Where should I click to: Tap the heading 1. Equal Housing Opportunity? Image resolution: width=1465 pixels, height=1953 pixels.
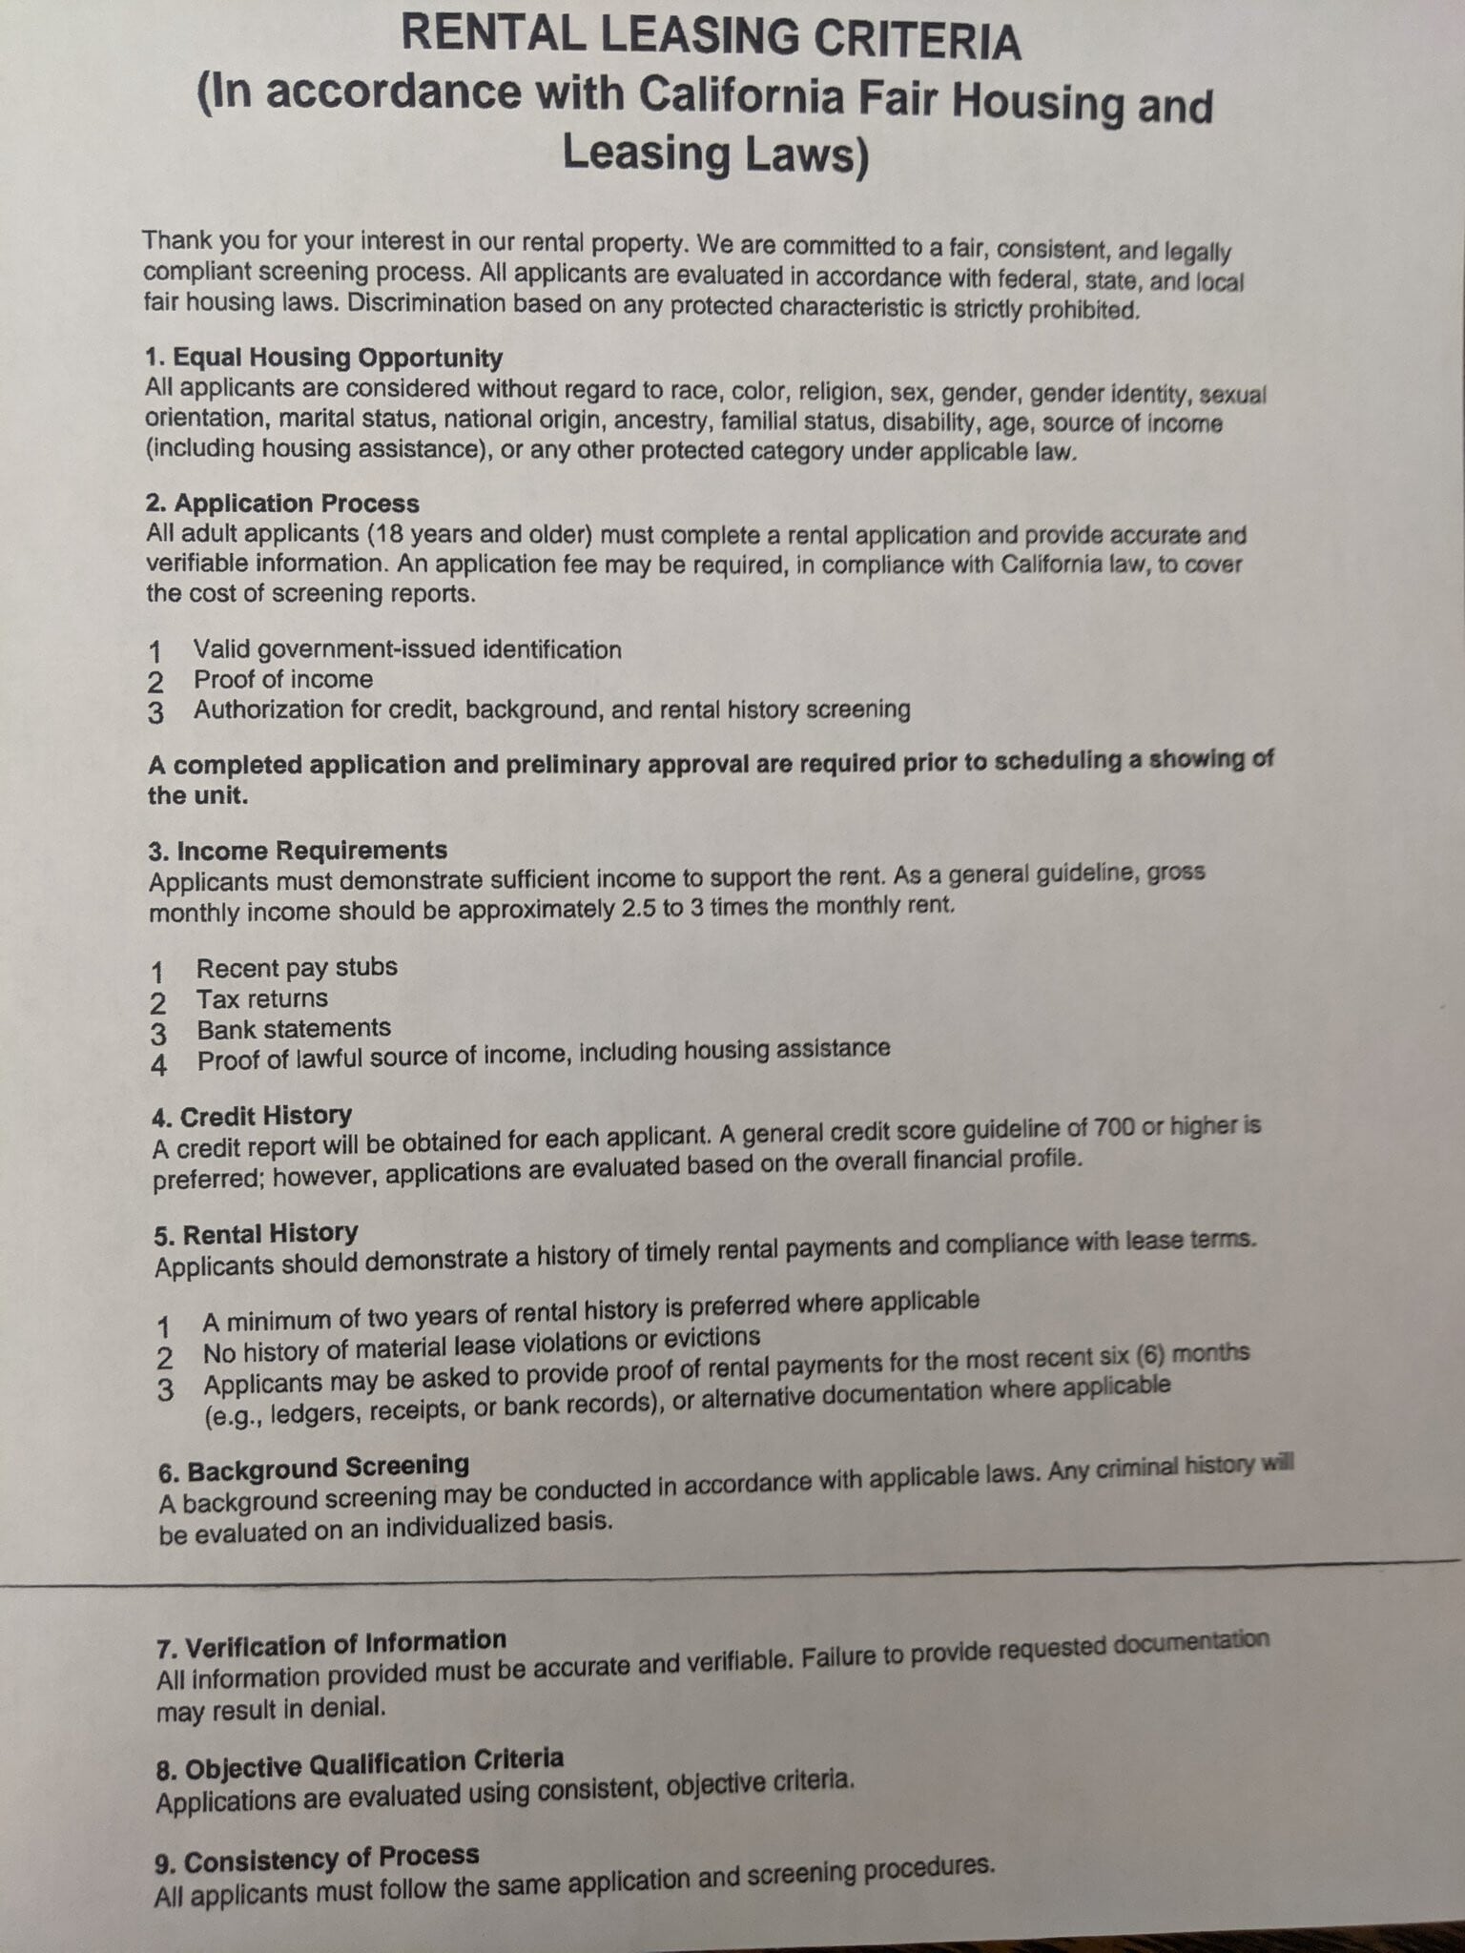pyautogui.click(x=323, y=359)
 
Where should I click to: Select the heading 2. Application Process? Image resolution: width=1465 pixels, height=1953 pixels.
pyautogui.click(x=282, y=504)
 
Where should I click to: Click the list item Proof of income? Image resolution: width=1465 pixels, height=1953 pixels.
pyautogui.click(x=283, y=680)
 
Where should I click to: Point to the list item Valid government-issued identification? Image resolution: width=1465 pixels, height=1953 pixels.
pyautogui.click(x=407, y=650)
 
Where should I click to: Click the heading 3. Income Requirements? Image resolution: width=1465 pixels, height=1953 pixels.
pyautogui.click(x=298, y=851)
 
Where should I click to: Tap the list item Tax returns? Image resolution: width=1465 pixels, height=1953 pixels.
pyautogui.click(x=262, y=999)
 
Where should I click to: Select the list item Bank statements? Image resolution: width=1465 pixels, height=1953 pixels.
pyautogui.click(x=294, y=1029)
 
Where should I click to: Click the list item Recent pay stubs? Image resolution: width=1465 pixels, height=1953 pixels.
pyautogui.click(x=297, y=968)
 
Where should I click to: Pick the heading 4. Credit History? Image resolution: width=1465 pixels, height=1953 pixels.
pyautogui.click(x=252, y=1116)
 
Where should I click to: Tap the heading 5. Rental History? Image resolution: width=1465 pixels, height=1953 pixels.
pyautogui.click(x=256, y=1235)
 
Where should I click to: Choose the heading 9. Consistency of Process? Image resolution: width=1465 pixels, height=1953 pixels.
pyautogui.click(x=317, y=1860)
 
